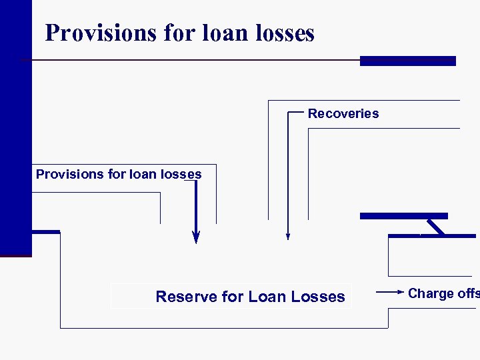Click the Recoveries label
pyautogui.click(x=343, y=113)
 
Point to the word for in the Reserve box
pyautogui.click(x=232, y=297)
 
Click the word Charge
pyautogui.click(x=431, y=294)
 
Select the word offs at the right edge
pyautogui.click(x=469, y=294)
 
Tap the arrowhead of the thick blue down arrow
pyautogui.click(x=196, y=237)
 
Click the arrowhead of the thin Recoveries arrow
pyautogui.click(x=287, y=235)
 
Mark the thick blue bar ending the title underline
pyautogui.click(x=407, y=61)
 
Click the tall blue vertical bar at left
pyautogui.click(x=15, y=127)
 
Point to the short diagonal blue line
pyautogui.click(x=436, y=227)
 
